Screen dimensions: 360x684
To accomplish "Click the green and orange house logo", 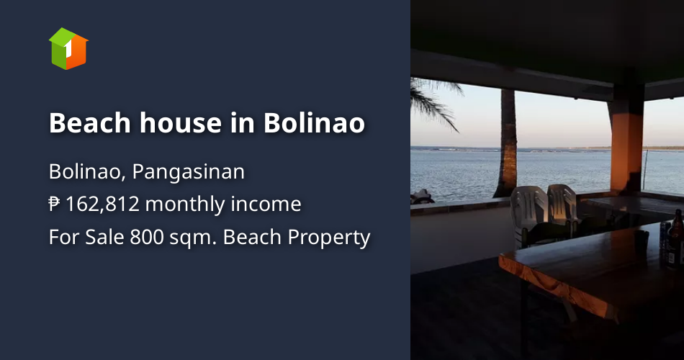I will click(x=68, y=49).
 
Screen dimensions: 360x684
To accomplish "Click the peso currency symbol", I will click(x=55, y=205).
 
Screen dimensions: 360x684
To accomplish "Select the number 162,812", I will click(x=104, y=205).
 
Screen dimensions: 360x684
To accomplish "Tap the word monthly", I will click(x=185, y=205).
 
